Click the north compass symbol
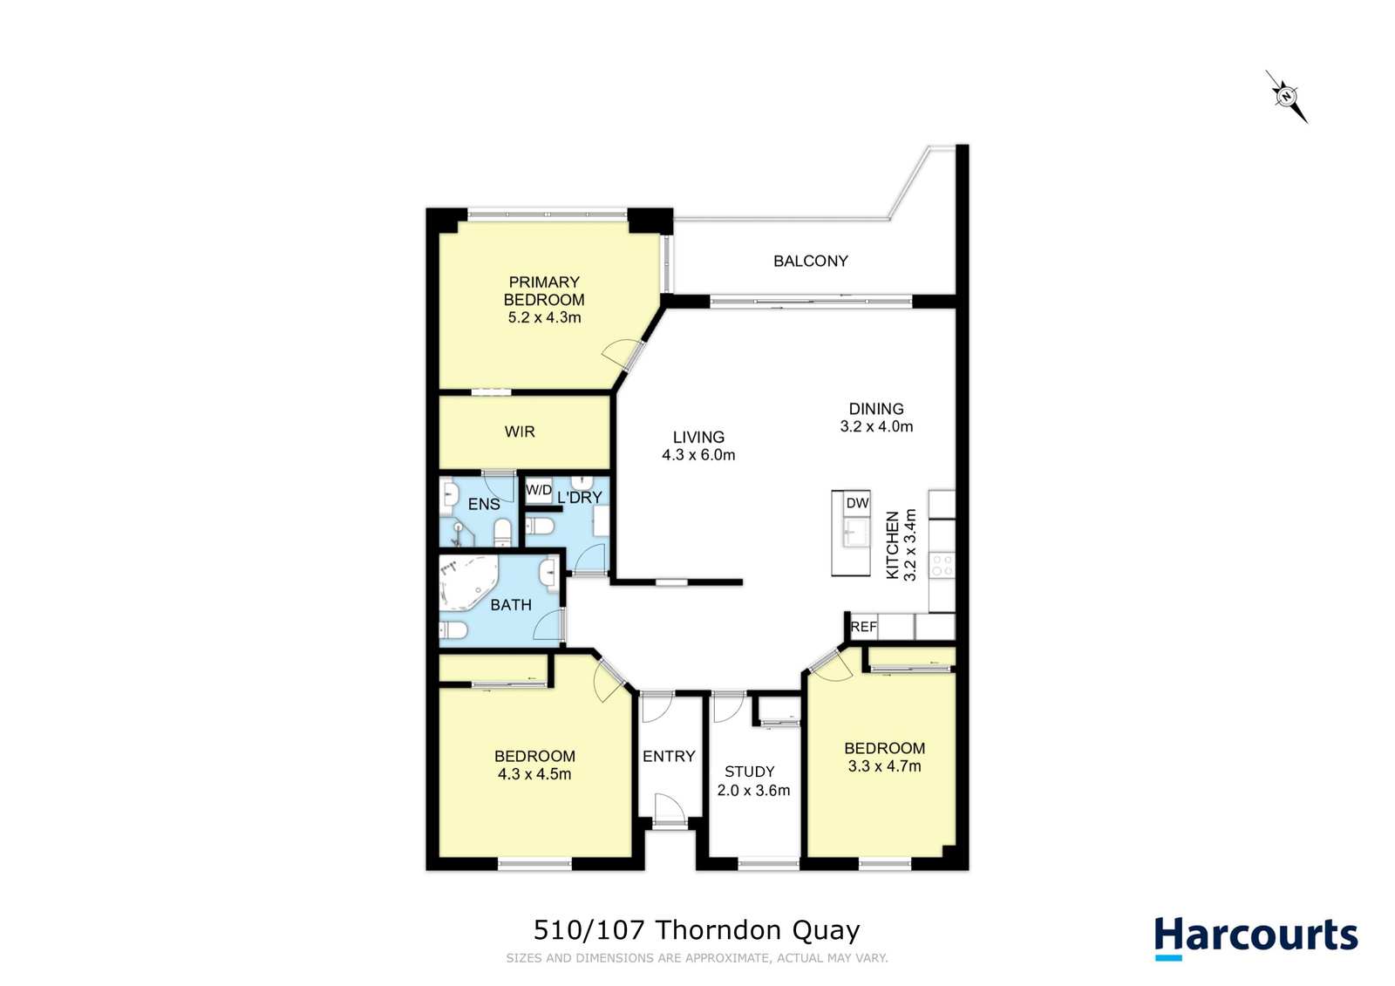pos(1287,97)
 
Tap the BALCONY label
pos(810,261)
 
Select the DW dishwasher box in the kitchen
pos(857,503)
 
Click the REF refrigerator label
pos(864,627)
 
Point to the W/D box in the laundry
pos(539,490)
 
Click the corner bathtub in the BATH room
pos(467,583)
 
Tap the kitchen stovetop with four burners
pos(942,565)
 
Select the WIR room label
pos(520,432)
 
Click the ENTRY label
pos(669,756)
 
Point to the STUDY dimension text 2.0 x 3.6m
pos(753,791)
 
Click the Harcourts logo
pos(1256,937)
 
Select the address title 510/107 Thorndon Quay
pos(697,930)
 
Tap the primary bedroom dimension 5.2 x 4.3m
pos(544,317)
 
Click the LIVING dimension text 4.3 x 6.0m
pos(698,455)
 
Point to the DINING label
pos(876,409)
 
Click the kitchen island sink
pos(857,532)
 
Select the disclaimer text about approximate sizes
pos(697,958)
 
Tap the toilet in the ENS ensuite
pos(502,534)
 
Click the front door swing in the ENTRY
pos(670,808)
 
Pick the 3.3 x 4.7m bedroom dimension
pos(884,766)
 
